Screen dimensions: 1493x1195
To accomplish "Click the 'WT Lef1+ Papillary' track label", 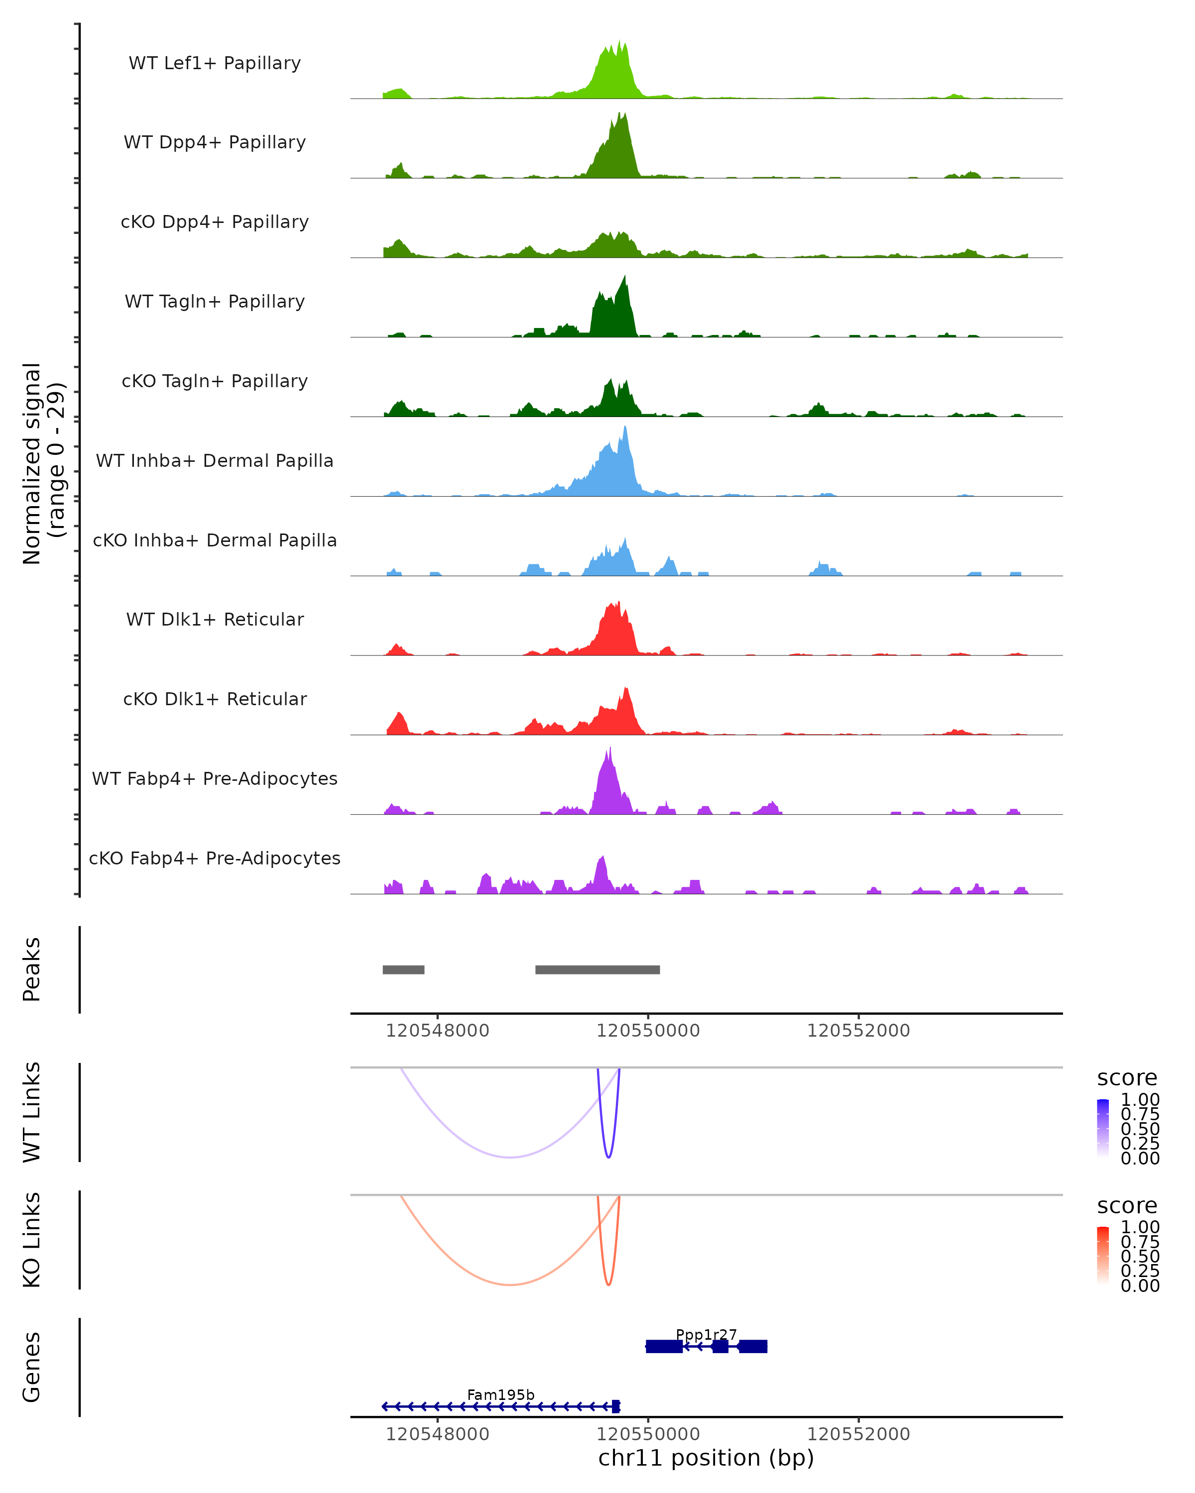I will (215, 63).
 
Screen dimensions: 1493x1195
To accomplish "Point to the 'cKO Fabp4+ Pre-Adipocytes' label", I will (215, 858).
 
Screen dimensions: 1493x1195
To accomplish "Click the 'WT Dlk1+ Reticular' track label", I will (215, 619).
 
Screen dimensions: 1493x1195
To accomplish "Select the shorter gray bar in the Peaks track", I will (403, 969).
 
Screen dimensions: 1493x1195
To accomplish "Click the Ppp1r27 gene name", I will (706, 1334).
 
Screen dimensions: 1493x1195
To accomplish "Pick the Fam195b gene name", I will (500, 1394).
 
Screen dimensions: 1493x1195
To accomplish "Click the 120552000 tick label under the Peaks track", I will (858, 1031).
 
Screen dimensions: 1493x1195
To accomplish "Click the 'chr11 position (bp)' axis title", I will (706, 1458).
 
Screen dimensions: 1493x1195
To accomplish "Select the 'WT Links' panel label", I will (32, 1112).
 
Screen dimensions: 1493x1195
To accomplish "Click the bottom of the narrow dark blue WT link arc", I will (608, 1157).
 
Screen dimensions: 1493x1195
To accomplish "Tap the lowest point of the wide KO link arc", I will (510, 1284).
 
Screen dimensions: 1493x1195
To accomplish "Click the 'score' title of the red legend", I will (1127, 1206).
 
